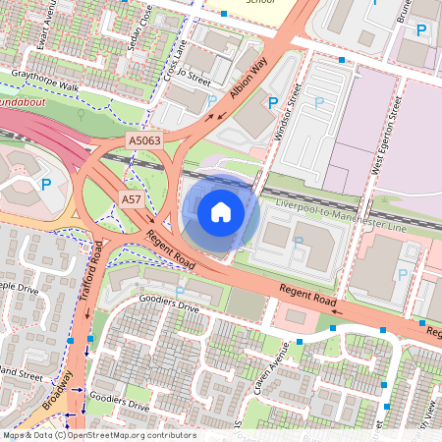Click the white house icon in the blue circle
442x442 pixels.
pyautogui.click(x=221, y=211)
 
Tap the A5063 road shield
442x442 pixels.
pyautogui.click(x=145, y=142)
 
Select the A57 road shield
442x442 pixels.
pyautogui.click(x=132, y=199)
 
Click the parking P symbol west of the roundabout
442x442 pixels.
pyautogui.click(x=45, y=184)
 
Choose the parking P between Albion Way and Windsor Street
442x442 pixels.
pyautogui.click(x=271, y=101)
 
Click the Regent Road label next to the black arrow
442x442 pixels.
pyautogui.click(x=169, y=249)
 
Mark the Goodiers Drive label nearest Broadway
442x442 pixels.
pyautogui.click(x=119, y=404)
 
